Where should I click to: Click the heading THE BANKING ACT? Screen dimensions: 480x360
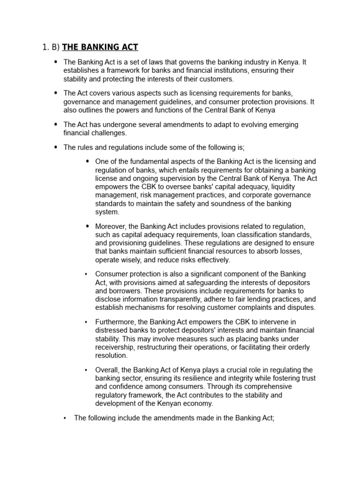(x=100, y=47)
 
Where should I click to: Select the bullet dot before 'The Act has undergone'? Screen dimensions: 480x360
(x=56, y=125)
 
